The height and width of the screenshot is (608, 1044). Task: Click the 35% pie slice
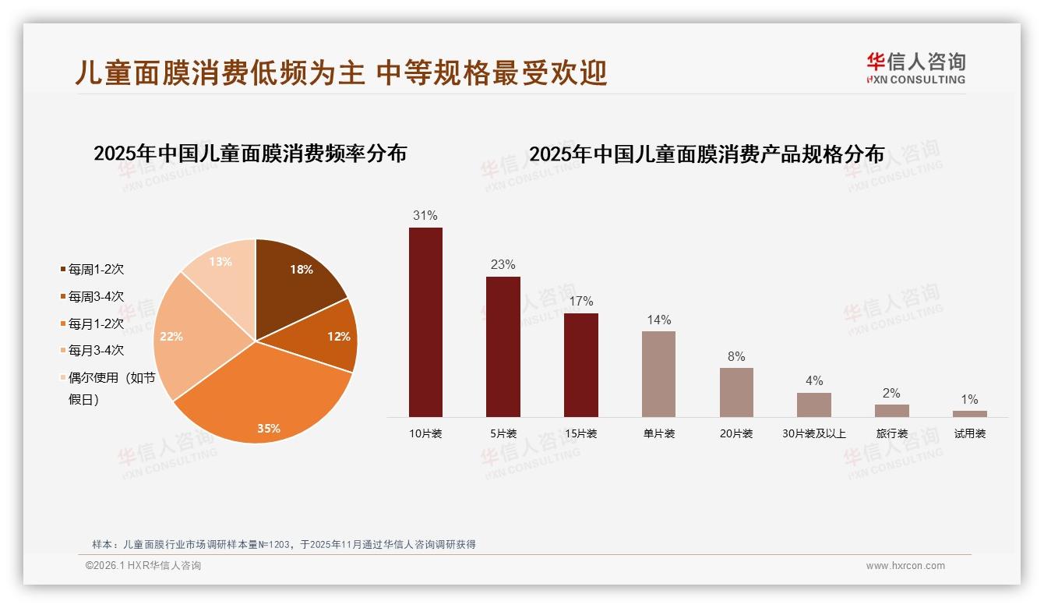(x=265, y=398)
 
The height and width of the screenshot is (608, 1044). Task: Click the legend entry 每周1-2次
(x=95, y=270)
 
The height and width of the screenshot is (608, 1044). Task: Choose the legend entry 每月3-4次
(x=95, y=351)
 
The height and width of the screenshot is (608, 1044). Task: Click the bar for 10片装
(x=425, y=322)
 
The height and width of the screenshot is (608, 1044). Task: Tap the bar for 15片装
(x=580, y=365)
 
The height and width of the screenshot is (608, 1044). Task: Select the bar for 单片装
(x=658, y=374)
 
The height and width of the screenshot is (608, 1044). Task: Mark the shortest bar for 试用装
(x=969, y=414)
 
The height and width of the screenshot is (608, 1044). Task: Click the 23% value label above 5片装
(x=503, y=264)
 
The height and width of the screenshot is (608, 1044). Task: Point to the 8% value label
(x=736, y=356)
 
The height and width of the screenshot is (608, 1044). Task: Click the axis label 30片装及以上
(x=813, y=433)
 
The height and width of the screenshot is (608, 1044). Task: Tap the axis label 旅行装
(x=891, y=433)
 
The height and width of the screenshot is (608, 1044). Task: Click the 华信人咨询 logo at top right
(x=916, y=68)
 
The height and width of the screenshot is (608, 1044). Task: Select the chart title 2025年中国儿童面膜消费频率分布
(x=250, y=154)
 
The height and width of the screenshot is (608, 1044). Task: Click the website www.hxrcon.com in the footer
(x=905, y=566)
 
